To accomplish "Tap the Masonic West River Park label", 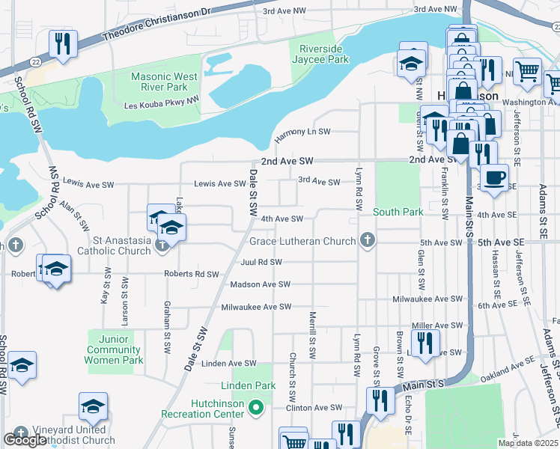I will pyautogui.click(x=165, y=82).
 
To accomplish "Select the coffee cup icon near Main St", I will pyautogui.click(x=493, y=178).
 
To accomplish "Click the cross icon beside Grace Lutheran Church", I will pyautogui.click(x=366, y=241).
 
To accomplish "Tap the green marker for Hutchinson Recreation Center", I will pyautogui.click(x=256, y=409).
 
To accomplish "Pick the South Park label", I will pyautogui.click(x=398, y=212).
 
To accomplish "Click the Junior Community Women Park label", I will pyautogui.click(x=115, y=349).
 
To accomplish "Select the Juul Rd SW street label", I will pyautogui.click(x=261, y=263).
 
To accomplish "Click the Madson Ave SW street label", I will pyautogui.click(x=260, y=284).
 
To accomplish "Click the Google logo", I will pyautogui.click(x=25, y=440).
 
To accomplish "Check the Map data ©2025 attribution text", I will pyautogui.click(x=528, y=443).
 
